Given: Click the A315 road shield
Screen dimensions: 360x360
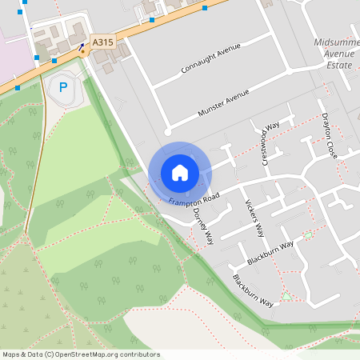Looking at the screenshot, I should tap(102, 41).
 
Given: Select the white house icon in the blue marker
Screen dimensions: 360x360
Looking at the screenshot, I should tap(179, 172).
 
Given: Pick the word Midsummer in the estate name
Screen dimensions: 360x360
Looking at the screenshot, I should tap(338, 42).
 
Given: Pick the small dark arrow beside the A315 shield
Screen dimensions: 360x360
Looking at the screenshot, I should tap(82, 46).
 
